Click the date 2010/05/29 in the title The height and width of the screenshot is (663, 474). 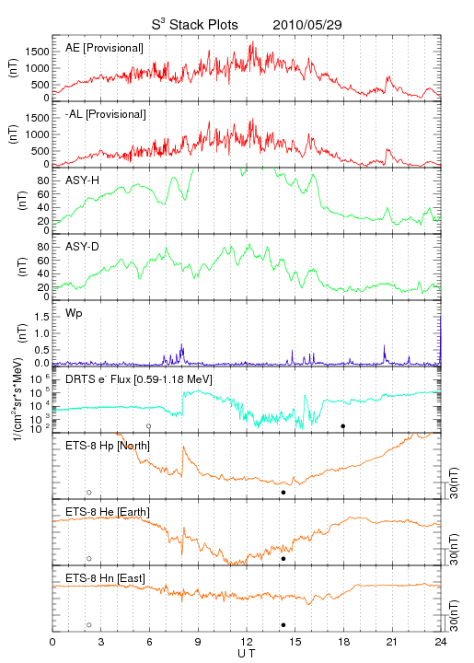click(x=307, y=25)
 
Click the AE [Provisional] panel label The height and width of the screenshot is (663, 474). click(x=104, y=48)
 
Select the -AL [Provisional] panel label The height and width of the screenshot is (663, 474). click(x=106, y=114)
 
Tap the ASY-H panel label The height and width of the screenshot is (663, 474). click(x=83, y=180)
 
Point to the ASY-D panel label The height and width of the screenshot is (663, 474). click(x=83, y=247)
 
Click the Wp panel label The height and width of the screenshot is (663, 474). click(x=74, y=314)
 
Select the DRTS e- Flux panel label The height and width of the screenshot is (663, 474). click(x=139, y=379)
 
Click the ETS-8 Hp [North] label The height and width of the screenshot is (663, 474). click(x=108, y=446)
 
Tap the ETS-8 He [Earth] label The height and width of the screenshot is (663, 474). click(x=108, y=512)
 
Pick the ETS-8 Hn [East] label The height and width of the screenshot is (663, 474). click(x=105, y=578)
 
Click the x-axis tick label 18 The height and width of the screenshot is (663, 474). click(x=344, y=642)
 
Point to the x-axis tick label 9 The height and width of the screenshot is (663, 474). click(x=198, y=642)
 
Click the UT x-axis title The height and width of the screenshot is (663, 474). click(x=247, y=654)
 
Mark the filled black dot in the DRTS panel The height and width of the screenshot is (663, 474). click(x=343, y=425)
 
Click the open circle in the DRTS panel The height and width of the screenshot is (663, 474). click(x=149, y=425)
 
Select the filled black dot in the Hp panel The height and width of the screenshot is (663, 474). click(x=283, y=492)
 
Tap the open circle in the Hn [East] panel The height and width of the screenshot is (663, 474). click(x=89, y=625)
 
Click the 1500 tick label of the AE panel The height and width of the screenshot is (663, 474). click(x=37, y=52)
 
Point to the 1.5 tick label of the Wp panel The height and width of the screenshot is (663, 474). click(x=41, y=317)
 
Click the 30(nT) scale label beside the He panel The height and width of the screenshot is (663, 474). click(x=454, y=549)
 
